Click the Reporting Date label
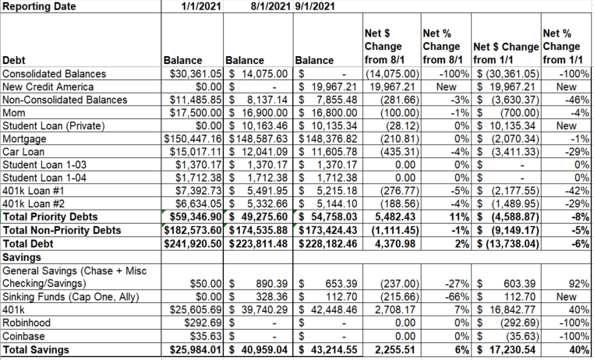coord(39,6)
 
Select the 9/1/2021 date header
coord(315,6)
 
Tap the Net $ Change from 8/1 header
coord(384,47)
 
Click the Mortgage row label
coord(24,139)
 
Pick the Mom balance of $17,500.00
coord(195,113)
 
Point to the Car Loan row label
coord(23,152)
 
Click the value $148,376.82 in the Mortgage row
coord(327,139)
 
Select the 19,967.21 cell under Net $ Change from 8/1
coord(392,86)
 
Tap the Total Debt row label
coord(28,244)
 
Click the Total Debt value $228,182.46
coord(327,244)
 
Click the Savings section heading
coord(22,257)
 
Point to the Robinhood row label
coord(27,323)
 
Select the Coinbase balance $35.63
coord(206,336)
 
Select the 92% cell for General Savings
coord(579,284)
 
